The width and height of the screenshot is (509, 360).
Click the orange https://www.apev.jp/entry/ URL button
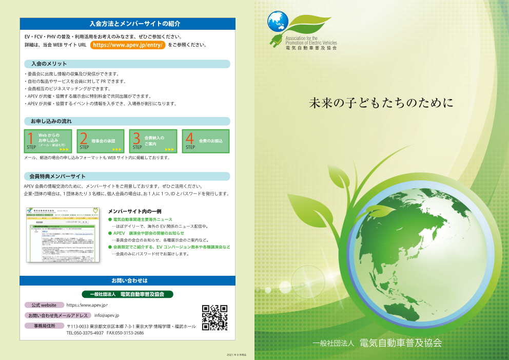[128, 45]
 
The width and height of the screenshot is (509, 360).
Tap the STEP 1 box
[48, 141]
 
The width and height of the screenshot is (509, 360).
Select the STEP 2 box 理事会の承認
[101, 141]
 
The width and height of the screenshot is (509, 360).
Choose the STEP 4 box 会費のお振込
[205, 141]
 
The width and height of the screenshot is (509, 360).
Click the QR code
[214, 317]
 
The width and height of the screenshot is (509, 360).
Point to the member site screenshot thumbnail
[63, 235]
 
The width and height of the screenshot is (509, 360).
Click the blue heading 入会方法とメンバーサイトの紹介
[127, 24]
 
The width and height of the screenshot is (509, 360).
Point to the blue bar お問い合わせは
[127, 281]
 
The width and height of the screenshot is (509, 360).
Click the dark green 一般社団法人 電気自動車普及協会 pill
[127, 294]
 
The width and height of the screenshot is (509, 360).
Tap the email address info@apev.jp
[107, 315]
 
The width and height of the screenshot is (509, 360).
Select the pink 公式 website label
[44, 305]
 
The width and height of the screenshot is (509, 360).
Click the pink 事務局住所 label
[44, 326]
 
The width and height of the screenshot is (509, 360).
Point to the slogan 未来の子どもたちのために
[381, 103]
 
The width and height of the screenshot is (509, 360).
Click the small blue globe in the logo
[278, 22]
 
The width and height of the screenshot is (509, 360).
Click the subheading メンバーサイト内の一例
[135, 211]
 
